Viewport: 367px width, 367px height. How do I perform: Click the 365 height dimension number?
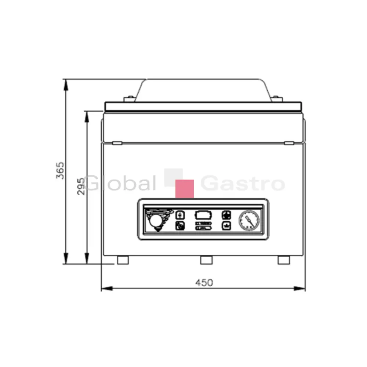(x=60, y=170)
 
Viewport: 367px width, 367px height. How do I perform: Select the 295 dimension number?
(x=81, y=186)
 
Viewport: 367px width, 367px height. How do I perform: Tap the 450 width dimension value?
(x=204, y=283)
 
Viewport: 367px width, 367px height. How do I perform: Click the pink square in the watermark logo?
(x=185, y=189)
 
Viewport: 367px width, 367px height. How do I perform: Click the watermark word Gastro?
(x=243, y=183)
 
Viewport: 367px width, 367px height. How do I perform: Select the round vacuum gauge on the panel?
(x=249, y=220)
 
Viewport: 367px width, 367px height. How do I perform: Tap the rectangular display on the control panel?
(x=203, y=215)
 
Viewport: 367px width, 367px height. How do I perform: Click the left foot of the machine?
(x=123, y=260)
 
